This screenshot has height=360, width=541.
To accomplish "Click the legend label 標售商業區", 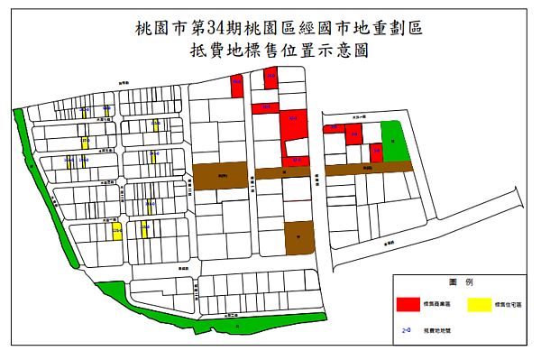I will coord(437,307).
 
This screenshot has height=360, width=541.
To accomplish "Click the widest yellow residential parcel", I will coord(117,231).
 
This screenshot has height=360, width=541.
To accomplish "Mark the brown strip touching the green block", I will coord(368,168).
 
